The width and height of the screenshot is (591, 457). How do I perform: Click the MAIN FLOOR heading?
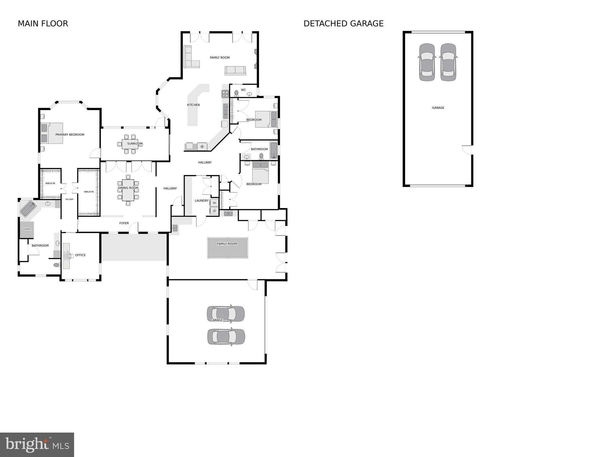[x=43, y=24]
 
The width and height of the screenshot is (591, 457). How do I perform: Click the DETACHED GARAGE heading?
[x=343, y=24]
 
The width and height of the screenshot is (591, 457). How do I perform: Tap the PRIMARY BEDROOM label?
[x=70, y=135]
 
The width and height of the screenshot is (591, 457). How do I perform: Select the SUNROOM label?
[x=135, y=144]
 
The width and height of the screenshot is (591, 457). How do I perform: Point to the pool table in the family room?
[x=228, y=248]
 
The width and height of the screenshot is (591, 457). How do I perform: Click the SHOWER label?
[x=27, y=229]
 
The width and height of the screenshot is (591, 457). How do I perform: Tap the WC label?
[x=243, y=90]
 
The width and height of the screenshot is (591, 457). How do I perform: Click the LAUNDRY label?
[x=201, y=201]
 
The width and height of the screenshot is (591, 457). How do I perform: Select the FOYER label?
[x=124, y=223]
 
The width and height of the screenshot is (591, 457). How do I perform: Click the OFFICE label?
[x=80, y=255]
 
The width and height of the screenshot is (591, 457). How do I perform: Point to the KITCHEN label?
[x=193, y=105]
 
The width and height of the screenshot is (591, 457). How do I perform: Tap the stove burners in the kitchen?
[x=225, y=94]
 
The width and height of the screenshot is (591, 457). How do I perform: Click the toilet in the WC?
[x=236, y=93]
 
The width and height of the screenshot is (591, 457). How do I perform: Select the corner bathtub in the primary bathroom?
[x=28, y=208]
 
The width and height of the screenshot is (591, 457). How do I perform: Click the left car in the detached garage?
[x=427, y=62]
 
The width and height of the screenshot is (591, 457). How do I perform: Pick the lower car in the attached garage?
[x=226, y=337]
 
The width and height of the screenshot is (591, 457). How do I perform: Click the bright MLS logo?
[x=37, y=445]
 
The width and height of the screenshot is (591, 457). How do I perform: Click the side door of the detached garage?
[x=468, y=149]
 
